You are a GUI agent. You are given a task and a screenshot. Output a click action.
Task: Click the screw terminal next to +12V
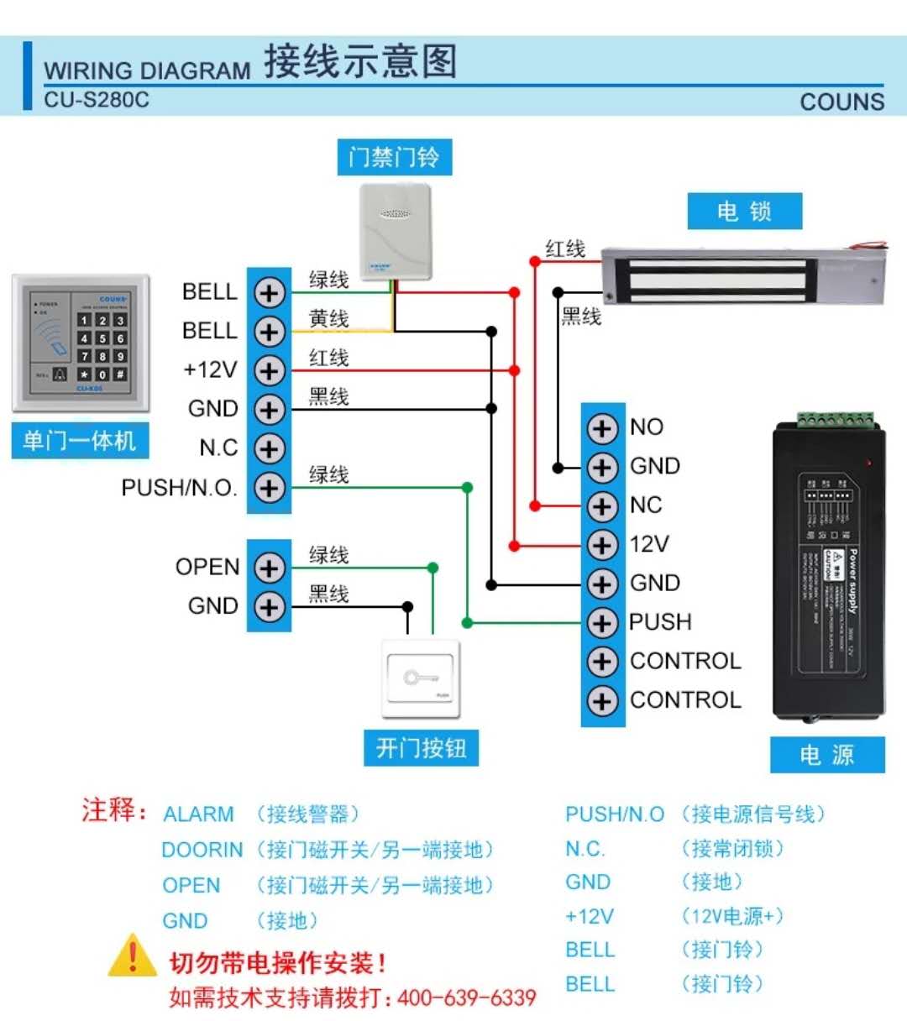[x=269, y=370]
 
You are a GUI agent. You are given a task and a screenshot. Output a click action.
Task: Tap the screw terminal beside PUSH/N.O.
[x=269, y=488]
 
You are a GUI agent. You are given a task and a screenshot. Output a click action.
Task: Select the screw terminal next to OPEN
[x=269, y=568]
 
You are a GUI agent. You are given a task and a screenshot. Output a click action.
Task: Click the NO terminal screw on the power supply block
[x=602, y=428]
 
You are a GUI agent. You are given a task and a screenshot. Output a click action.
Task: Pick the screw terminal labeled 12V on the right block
[x=602, y=545]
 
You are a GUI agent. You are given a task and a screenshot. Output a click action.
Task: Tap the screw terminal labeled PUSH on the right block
[x=602, y=623]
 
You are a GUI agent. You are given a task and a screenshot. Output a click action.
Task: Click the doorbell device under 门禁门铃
[x=395, y=232]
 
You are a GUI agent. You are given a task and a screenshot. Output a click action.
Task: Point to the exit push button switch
[x=421, y=678]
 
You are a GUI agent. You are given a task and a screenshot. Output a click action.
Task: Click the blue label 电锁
[x=744, y=211]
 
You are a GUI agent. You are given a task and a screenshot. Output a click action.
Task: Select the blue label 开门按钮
[x=421, y=747]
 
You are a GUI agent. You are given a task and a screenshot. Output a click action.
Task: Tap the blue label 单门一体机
[x=80, y=440]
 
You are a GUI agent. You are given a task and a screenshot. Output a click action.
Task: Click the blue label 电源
[x=827, y=755]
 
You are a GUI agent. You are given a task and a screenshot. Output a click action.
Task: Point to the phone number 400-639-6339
[x=466, y=997]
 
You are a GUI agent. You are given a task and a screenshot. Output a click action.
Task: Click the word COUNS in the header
[x=841, y=102]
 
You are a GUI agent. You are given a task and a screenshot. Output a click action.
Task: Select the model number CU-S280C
[x=97, y=100]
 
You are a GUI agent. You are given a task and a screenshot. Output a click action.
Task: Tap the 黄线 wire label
[x=328, y=319]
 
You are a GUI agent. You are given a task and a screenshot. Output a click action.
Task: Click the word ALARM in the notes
[x=198, y=814]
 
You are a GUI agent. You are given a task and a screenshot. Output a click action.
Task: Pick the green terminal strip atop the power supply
[x=836, y=419]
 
